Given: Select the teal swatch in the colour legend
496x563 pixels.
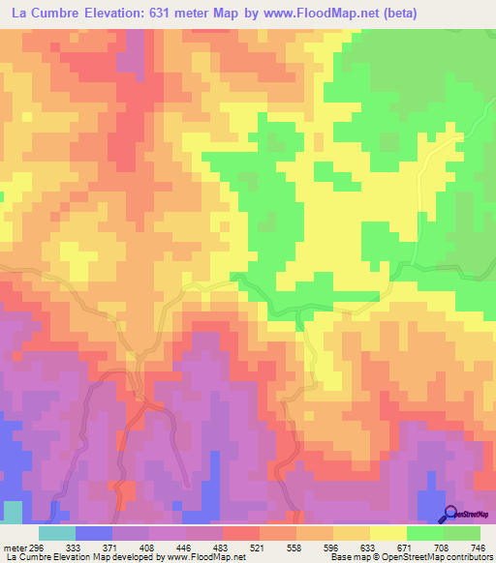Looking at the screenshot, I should [x=57, y=534].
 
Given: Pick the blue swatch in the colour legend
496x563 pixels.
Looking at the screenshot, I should [x=94, y=534].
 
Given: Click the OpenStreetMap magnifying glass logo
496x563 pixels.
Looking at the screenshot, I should [x=450, y=513].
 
